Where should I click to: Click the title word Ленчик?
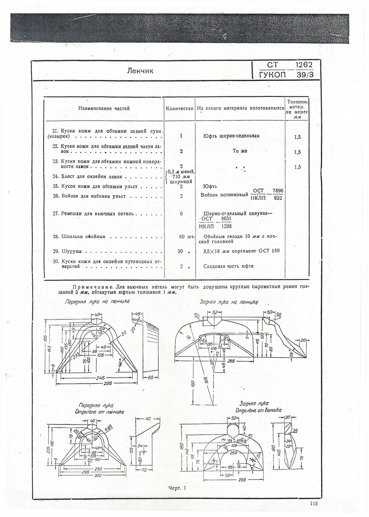[140, 70]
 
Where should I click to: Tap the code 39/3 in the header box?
[304, 75]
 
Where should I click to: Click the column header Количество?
[180, 109]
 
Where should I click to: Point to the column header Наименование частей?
[104, 109]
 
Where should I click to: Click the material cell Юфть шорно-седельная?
[231, 136]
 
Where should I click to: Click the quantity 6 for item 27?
[181, 214]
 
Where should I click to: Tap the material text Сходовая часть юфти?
[228, 266]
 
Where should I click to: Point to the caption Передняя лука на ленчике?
[97, 301]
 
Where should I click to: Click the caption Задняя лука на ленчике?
[229, 302]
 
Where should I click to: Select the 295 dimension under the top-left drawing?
[108, 383]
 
